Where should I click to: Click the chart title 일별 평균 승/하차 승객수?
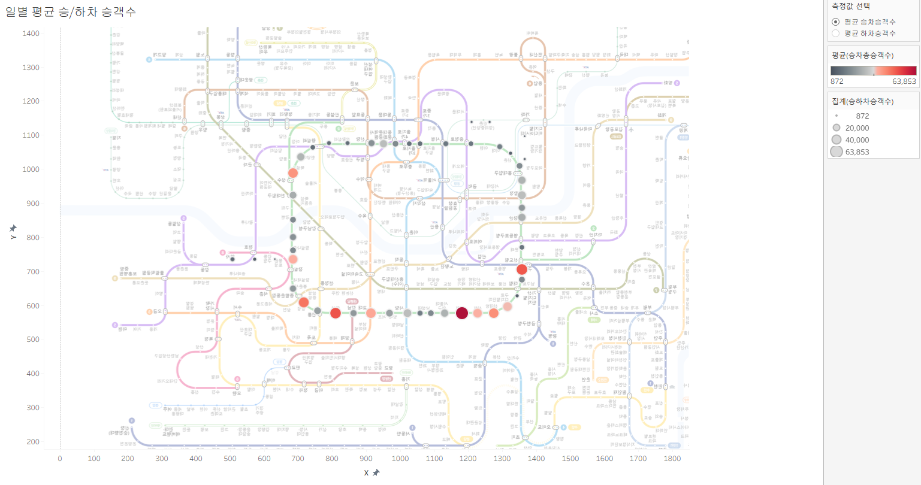coord(71,12)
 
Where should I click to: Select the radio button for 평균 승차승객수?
coord(836,22)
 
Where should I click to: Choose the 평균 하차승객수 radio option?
coord(836,34)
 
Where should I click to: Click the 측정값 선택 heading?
coord(851,6)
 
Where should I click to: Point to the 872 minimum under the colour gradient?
coord(837,81)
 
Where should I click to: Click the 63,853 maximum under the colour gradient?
coord(904,81)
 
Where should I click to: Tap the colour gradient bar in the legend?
coord(873,71)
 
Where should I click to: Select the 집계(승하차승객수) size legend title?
coord(862,102)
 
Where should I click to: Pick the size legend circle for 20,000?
coord(837,128)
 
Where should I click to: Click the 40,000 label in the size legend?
coord(857,140)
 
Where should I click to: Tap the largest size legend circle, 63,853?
coord(837,152)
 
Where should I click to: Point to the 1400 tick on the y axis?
coord(31,34)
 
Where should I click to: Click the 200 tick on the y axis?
coord(33,442)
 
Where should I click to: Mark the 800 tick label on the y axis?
coord(33,238)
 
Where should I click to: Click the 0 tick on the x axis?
coord(60,459)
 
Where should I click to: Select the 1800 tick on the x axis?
coord(672,459)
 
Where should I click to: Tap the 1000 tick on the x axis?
coord(400,459)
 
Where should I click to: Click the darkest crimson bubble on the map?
coord(462,313)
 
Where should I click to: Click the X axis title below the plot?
coord(367,473)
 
